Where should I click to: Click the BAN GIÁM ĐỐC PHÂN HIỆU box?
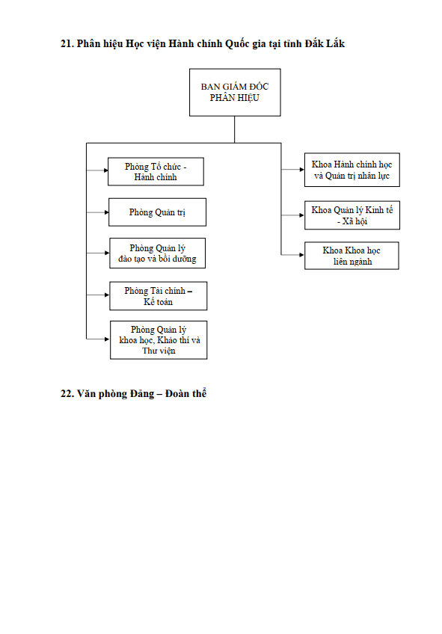click(x=235, y=92)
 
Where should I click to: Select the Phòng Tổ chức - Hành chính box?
click(x=156, y=172)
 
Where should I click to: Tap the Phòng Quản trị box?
click(x=157, y=212)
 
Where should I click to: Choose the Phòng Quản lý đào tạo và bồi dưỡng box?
click(x=157, y=253)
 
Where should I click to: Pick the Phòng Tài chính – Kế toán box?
click(x=158, y=296)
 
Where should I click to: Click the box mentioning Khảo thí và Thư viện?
click(x=159, y=340)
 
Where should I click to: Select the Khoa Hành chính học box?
click(x=352, y=170)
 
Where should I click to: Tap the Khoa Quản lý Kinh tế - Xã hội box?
click(x=352, y=215)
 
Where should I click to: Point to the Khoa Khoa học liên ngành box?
click(x=352, y=256)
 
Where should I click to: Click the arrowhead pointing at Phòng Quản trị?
click(x=106, y=212)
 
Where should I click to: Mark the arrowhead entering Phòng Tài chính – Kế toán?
click(x=107, y=295)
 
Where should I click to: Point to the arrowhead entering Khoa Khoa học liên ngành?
click(x=301, y=255)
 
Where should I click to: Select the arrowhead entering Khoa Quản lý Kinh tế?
click(x=301, y=215)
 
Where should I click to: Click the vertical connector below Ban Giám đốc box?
click(x=235, y=129)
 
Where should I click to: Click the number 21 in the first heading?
click(x=67, y=43)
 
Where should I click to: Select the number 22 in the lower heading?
click(x=67, y=394)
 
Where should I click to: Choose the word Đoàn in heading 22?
click(x=178, y=393)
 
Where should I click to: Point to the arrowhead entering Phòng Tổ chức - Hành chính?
click(x=105, y=170)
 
